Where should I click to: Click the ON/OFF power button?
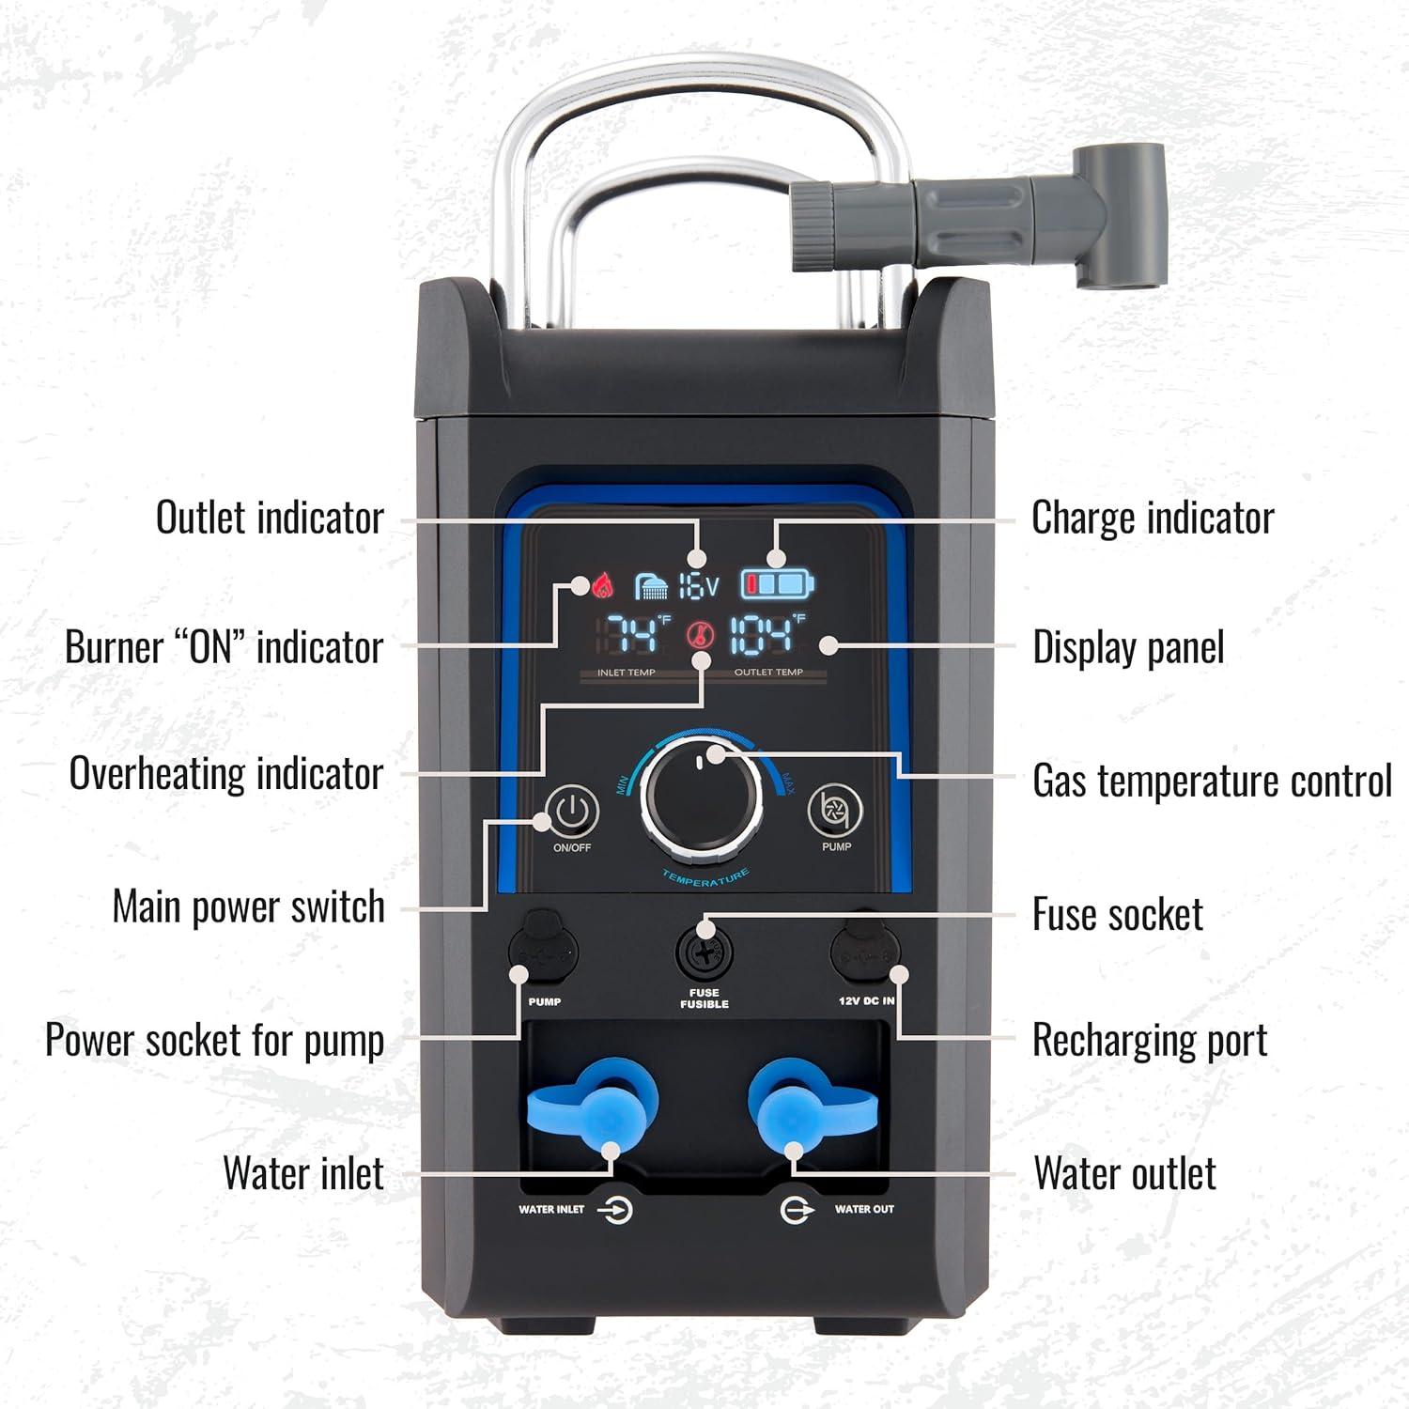click(572, 811)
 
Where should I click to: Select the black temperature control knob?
click(702, 798)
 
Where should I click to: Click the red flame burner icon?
click(602, 584)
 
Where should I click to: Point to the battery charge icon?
click(778, 584)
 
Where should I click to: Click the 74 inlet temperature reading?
click(634, 636)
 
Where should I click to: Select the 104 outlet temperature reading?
click(763, 636)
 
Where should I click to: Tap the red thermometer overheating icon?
click(700, 636)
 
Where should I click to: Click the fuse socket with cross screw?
click(704, 954)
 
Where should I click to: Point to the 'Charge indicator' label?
click(1153, 518)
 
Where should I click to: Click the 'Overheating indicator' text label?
click(226, 774)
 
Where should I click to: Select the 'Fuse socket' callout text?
click(1117, 915)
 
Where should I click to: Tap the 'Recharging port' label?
click(1150, 1041)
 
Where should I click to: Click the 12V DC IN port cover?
click(864, 953)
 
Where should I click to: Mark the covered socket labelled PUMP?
click(543, 952)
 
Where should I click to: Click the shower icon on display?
click(651, 587)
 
